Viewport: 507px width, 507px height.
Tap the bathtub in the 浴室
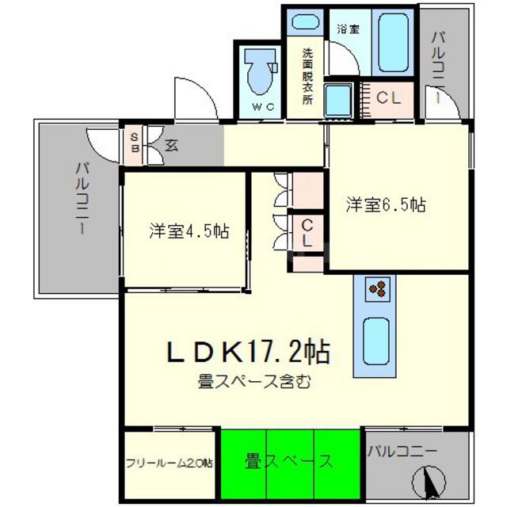click(x=393, y=42)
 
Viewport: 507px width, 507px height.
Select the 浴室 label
click(x=348, y=29)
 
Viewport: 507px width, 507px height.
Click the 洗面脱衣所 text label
click(x=307, y=78)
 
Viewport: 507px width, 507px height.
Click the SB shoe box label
click(x=135, y=142)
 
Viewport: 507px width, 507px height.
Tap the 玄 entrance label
click(x=171, y=145)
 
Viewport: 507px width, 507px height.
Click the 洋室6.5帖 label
click(x=386, y=204)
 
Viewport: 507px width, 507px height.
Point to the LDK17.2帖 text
click(x=247, y=351)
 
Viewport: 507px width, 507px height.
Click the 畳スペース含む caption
click(x=254, y=382)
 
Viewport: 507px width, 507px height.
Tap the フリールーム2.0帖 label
click(x=169, y=463)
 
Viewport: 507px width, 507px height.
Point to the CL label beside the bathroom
click(x=388, y=98)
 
